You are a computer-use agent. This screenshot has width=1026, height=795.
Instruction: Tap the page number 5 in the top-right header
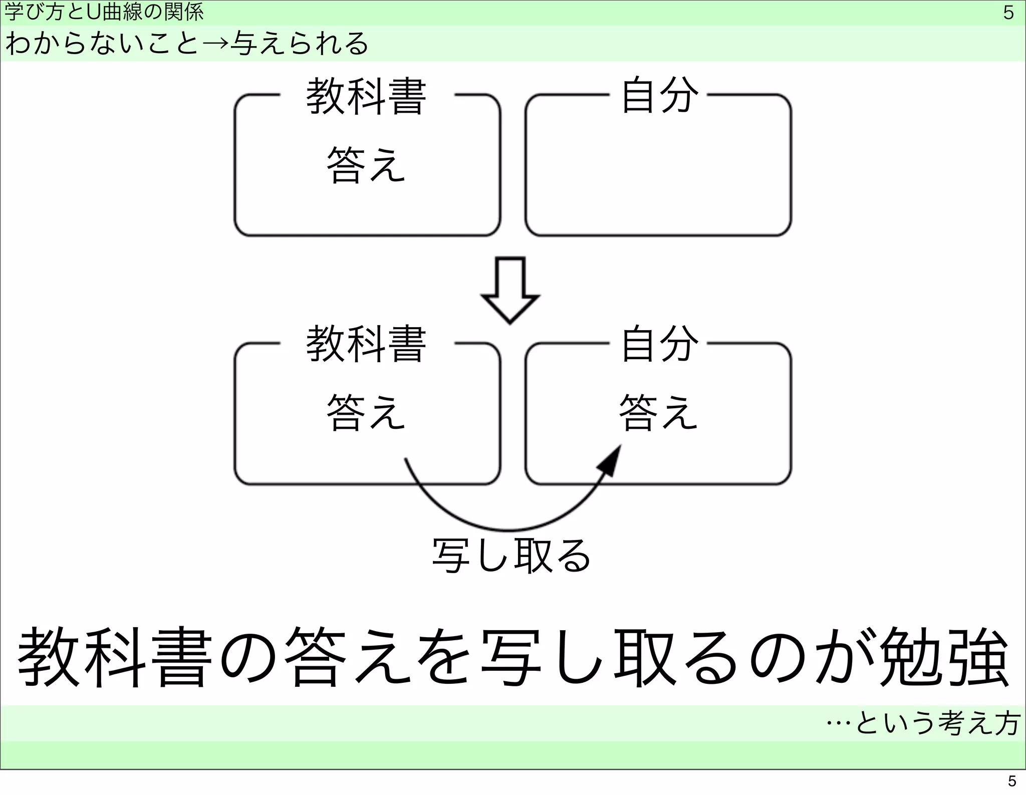click(x=1008, y=13)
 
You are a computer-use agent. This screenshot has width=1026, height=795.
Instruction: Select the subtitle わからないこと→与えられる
click(x=186, y=44)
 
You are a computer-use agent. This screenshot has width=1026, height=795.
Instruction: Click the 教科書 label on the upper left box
click(x=366, y=96)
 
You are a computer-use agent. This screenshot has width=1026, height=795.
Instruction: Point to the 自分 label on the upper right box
click(x=659, y=95)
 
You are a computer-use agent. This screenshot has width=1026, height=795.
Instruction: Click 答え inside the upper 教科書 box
click(x=366, y=166)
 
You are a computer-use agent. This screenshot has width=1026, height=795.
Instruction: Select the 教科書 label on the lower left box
click(x=366, y=344)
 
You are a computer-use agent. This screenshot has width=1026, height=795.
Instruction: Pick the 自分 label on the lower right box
click(x=659, y=343)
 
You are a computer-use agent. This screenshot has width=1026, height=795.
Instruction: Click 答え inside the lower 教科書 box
click(x=366, y=413)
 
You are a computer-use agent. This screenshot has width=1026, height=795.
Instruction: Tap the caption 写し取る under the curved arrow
click(x=511, y=556)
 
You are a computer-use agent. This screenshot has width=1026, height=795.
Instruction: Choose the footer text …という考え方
click(x=923, y=723)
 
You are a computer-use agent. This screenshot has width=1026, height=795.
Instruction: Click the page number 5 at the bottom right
click(x=1011, y=781)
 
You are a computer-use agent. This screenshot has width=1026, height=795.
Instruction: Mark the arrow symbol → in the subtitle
click(x=215, y=45)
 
